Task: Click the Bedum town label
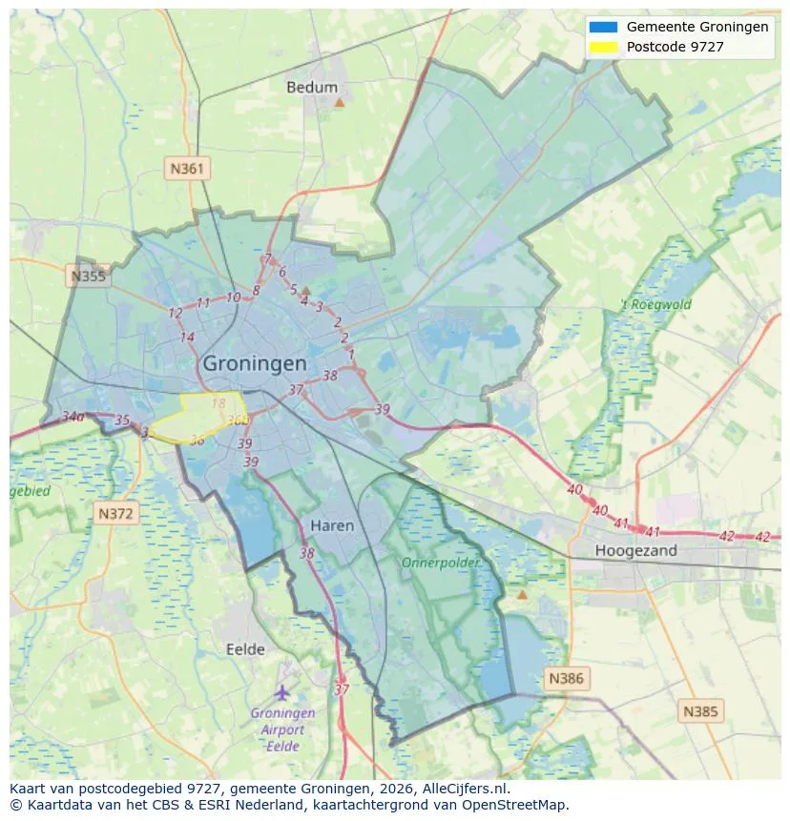pos(312,87)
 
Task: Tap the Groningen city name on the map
pos(255,363)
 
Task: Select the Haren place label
pos(332,525)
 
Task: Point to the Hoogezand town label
pos(635,550)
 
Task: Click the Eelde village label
pos(245,649)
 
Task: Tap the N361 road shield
pos(186,169)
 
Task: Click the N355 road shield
pos(88,277)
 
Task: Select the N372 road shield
pos(117,513)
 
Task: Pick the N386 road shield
pos(566,679)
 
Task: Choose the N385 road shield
pos(701,710)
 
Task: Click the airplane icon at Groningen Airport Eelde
pos(281,691)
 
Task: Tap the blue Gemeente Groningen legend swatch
pos(604,28)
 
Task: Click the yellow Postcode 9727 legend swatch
pos(604,47)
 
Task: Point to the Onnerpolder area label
pos(440,563)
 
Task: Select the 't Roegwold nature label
pos(655,305)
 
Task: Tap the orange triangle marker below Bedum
pos(339,101)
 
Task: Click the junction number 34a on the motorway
pos(73,417)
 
